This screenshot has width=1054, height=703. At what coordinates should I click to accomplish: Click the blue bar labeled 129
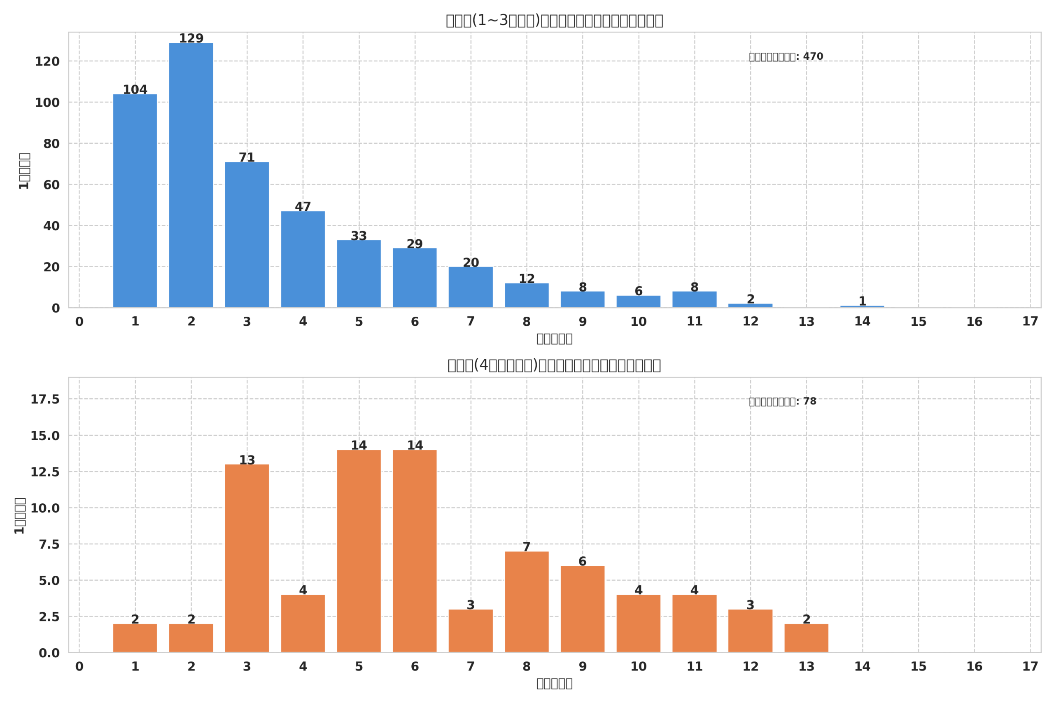pos(191,175)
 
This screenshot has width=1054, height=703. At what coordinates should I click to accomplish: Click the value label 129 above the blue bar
pos(191,39)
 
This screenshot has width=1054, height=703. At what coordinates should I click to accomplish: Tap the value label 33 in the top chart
pos(359,236)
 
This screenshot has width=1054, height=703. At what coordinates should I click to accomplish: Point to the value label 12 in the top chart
pos(527,279)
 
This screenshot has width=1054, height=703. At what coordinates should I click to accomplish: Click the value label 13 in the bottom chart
pos(247,460)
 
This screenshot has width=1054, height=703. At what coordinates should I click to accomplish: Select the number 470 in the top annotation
pos(813,56)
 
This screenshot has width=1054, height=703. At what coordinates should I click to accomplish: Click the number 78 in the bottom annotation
pos(810,401)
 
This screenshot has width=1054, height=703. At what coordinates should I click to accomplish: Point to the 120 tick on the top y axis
pos(47,62)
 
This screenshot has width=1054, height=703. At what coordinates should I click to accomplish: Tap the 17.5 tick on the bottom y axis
pos(45,399)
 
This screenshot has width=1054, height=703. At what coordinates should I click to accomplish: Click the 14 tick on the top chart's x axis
pos(862,322)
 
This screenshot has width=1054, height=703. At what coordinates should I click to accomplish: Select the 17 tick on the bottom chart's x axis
pos(1030,667)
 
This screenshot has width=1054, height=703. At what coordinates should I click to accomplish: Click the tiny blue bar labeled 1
pos(862,307)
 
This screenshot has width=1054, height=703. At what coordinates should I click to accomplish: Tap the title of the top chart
pos(554,21)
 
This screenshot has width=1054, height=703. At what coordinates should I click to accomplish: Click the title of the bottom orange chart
pos(554,365)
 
